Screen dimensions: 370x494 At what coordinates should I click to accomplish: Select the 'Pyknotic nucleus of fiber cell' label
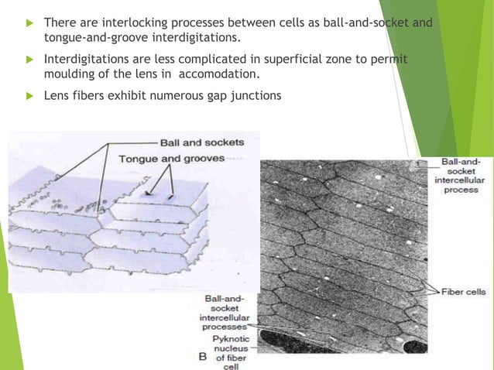pos(230,352)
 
